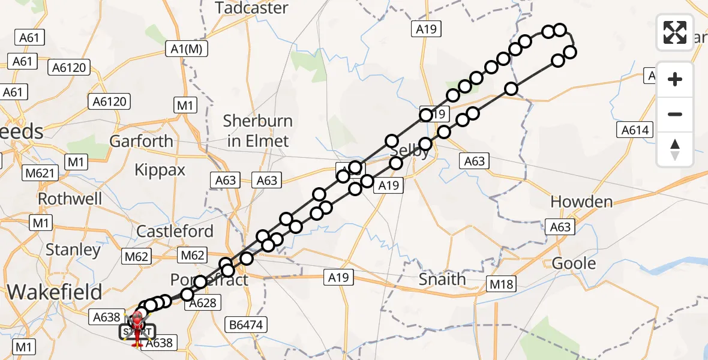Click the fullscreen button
click(x=675, y=32)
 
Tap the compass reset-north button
click(x=675, y=149)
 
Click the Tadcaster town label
click(x=251, y=8)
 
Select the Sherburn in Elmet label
click(x=257, y=131)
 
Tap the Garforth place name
click(x=141, y=142)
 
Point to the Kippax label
click(x=160, y=170)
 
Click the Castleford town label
click(x=175, y=231)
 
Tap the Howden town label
click(x=581, y=202)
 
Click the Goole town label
click(x=574, y=263)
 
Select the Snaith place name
click(x=442, y=279)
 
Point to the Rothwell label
click(x=70, y=198)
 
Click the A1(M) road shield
click(x=187, y=49)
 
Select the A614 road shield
click(x=635, y=130)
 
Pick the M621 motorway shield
click(x=40, y=174)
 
